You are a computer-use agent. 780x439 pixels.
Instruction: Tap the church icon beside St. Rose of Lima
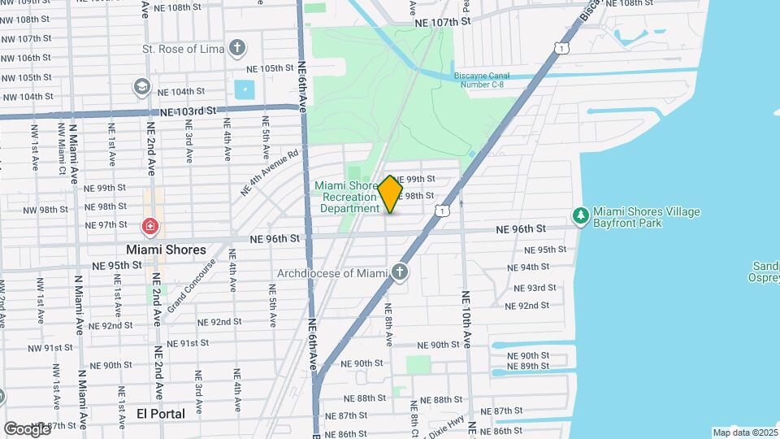[x=237, y=48]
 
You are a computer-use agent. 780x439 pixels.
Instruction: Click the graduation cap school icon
[x=142, y=86]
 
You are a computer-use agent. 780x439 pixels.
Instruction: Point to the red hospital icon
[x=149, y=226]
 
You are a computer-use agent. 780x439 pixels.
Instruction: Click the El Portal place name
[x=161, y=414]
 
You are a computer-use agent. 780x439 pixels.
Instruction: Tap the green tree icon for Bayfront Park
[x=580, y=215]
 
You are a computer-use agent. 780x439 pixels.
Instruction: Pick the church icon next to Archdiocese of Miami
[x=400, y=272]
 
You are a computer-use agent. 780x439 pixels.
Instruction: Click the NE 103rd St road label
[x=189, y=110]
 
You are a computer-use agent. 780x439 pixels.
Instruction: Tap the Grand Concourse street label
[x=191, y=286]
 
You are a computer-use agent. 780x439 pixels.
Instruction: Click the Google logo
[x=27, y=428]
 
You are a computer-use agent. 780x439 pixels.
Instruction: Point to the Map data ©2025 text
[x=745, y=432]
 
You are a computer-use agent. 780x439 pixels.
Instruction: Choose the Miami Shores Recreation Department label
[x=347, y=197]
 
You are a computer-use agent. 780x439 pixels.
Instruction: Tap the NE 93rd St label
[x=530, y=288]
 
